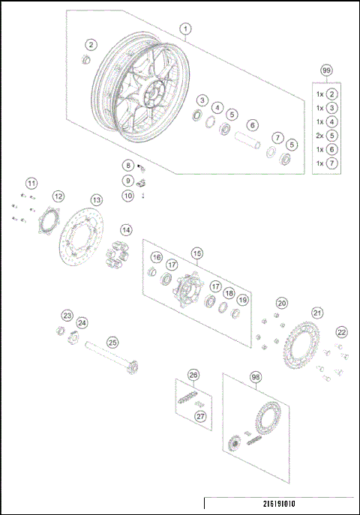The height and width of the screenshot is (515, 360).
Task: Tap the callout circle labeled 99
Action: [326, 70]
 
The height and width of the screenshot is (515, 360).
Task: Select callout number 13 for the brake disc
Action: [96, 200]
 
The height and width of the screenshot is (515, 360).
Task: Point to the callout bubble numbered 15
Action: [196, 253]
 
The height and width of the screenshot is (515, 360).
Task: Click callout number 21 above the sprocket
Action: [317, 313]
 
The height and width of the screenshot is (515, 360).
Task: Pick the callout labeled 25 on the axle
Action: [112, 343]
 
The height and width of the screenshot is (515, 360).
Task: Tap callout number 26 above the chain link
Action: [193, 375]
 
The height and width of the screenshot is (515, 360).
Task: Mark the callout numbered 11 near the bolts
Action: [31, 184]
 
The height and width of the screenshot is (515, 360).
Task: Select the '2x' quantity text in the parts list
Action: [319, 136]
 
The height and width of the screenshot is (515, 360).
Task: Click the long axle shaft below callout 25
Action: [109, 358]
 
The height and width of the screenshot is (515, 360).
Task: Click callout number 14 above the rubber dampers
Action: [125, 229]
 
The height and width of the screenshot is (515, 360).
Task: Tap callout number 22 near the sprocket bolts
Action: [341, 332]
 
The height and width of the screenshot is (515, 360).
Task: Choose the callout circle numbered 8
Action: [128, 165]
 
